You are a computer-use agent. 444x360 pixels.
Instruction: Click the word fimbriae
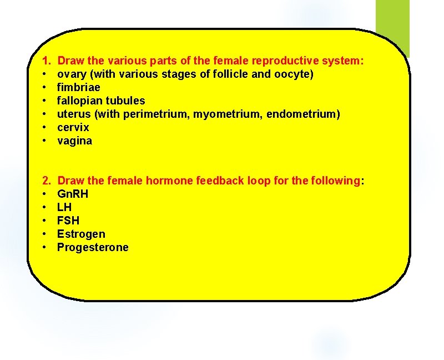coord(78,87)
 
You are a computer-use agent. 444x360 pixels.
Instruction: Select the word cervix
coord(73,127)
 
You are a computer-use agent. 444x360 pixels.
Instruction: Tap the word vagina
coord(74,141)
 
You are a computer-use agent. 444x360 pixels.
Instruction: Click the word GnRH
coord(73,194)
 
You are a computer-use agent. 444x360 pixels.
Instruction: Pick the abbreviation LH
coord(64,207)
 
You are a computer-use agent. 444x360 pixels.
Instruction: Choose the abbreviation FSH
coord(68,221)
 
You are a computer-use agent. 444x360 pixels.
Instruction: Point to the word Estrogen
coord(81,234)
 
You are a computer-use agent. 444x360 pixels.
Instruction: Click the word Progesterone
coord(93,247)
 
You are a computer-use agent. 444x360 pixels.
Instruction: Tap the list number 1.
coord(46,61)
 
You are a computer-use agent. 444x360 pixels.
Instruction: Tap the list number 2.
coord(46,181)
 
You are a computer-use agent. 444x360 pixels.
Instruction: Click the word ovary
coord(70,74)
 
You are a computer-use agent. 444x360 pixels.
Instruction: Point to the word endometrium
coord(303,114)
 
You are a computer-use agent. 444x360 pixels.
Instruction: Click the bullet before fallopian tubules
coord(44,101)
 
